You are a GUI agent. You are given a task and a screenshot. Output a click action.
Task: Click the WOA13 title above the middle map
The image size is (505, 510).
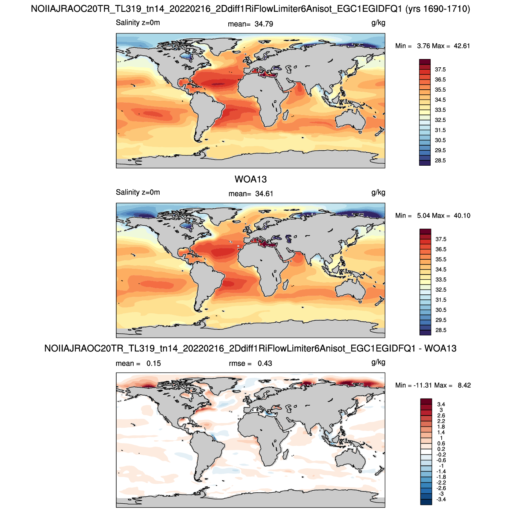[x=250, y=179]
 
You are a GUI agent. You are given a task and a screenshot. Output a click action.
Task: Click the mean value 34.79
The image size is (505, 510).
[x=264, y=24]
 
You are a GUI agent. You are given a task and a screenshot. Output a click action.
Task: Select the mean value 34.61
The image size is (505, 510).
[x=264, y=194]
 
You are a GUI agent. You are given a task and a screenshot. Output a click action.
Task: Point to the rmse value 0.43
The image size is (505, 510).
[x=264, y=363]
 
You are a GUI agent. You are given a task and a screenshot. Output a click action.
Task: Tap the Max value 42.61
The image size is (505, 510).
[x=462, y=46]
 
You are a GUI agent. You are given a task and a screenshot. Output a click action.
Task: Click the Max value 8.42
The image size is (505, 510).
[x=464, y=385]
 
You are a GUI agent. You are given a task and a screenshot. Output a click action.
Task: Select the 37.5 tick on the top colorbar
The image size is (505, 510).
[x=440, y=70]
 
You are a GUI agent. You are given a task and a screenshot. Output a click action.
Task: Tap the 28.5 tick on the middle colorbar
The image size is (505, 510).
[x=441, y=330]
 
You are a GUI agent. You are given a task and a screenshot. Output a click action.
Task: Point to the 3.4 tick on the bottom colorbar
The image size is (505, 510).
[x=441, y=404]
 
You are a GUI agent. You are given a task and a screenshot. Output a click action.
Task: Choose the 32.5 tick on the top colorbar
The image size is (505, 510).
[x=440, y=120]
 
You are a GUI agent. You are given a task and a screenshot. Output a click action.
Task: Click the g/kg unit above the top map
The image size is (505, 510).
[x=378, y=23]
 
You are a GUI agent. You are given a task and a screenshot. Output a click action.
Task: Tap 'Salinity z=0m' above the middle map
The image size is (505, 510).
[x=138, y=192]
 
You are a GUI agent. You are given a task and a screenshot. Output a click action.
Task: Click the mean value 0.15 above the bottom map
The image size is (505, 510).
[x=154, y=363]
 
